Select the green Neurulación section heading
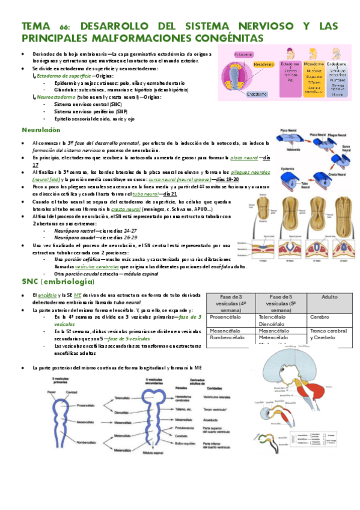41,130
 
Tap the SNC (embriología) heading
58,281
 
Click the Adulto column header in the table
329,298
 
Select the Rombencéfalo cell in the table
226,338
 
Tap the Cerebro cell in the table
320,316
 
